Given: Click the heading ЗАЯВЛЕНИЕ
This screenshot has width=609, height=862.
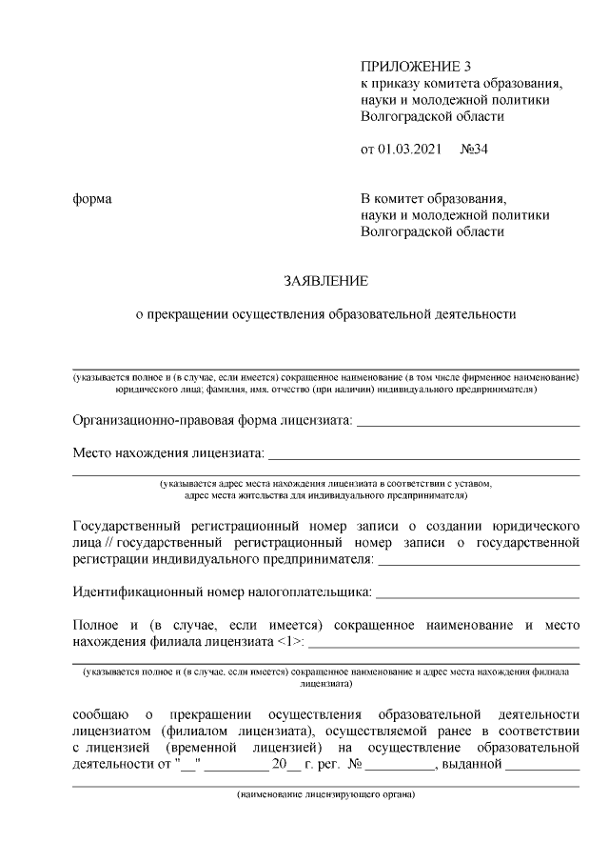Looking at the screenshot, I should (x=324, y=281).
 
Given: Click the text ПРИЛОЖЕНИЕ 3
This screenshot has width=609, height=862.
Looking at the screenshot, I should (x=416, y=66).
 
